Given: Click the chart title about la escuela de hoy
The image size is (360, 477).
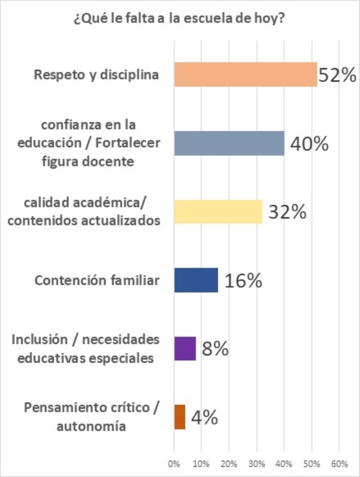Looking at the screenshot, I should coord(179,19).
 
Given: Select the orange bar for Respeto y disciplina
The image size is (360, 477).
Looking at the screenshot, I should coord(245,74).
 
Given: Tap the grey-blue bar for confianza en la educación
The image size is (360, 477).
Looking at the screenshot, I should coord(229,143).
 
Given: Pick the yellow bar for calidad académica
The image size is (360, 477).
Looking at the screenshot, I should coord(218,212).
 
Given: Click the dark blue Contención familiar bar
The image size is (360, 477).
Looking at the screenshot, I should coord(196,280).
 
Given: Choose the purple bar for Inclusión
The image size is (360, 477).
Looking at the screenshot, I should coord(185,348).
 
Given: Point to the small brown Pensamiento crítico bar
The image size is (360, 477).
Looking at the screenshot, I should coord(179,417).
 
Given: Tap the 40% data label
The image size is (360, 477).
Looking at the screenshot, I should coord(309,144).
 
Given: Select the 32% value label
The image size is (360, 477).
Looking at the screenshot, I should coord(287,213).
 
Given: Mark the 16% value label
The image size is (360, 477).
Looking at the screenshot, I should coord(243,281).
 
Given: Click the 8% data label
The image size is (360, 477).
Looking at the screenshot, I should coord(215,350).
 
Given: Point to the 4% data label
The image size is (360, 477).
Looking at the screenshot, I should coord(204,418).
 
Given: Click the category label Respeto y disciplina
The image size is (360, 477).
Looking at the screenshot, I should coord(96,74).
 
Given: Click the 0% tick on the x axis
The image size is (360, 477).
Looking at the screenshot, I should coord(174,464).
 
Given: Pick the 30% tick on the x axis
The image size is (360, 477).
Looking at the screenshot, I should coord(256,464).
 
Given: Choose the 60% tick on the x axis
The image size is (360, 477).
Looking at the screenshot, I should coord(339,464).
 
